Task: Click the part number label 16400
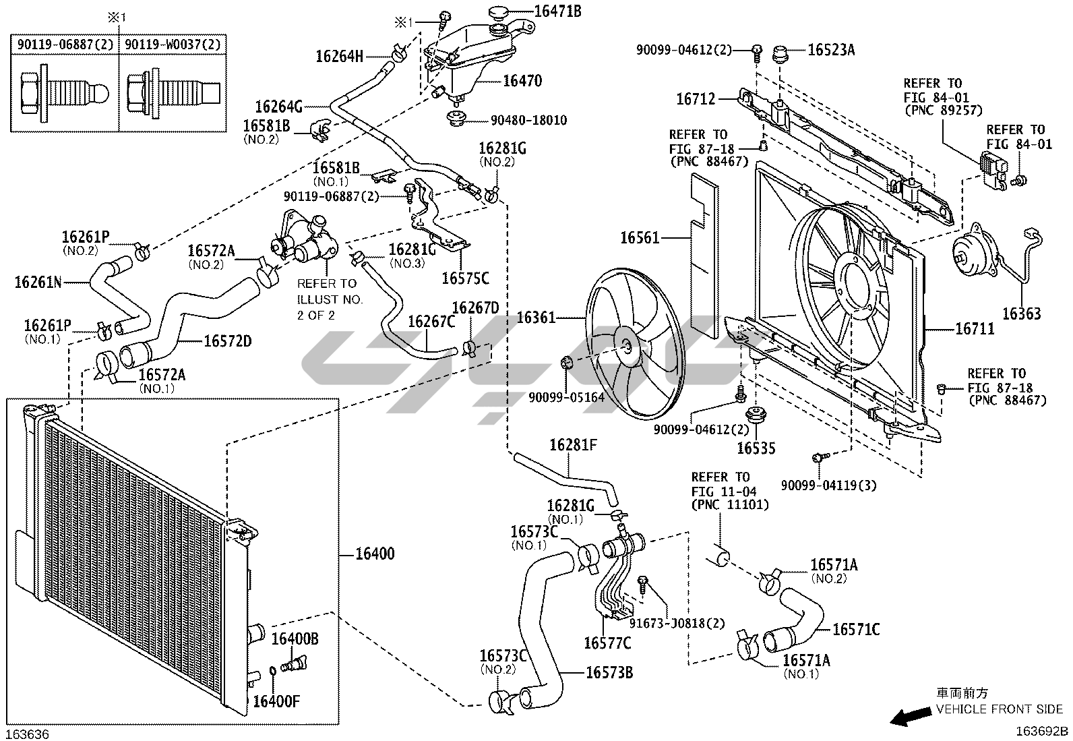point(375,554)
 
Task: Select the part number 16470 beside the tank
point(522,80)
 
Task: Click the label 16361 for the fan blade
point(536,318)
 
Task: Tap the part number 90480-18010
point(529,120)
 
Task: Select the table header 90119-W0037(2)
point(173,45)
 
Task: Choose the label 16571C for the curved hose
point(856,629)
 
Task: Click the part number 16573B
point(609,672)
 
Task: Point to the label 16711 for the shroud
point(975,329)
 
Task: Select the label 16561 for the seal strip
point(640,238)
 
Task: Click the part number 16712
point(696,99)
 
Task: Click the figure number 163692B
point(1043,732)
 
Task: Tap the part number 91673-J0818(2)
point(677,623)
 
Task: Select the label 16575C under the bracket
point(465,278)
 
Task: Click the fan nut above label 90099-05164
point(566,363)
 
